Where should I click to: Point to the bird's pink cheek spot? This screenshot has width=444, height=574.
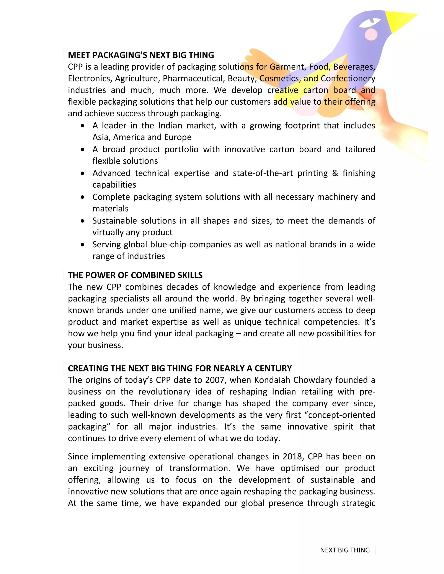(371, 34)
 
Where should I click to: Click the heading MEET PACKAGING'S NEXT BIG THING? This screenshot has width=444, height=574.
(141, 55)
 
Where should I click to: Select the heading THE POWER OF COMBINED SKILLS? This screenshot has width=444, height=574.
(135, 275)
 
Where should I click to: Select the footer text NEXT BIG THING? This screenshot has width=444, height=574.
(345, 550)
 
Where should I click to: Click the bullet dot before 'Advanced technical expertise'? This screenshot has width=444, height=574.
(83, 173)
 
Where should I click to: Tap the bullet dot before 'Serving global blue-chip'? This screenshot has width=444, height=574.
(83, 245)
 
